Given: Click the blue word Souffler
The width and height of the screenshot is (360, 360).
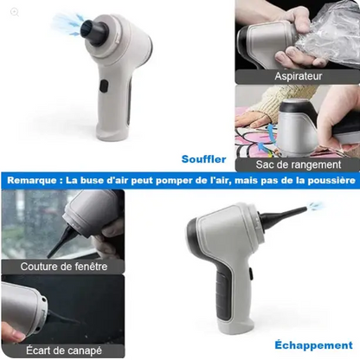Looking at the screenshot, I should pyautogui.click(x=204, y=159).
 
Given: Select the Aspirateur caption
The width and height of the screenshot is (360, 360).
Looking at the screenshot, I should pyautogui.click(x=299, y=76).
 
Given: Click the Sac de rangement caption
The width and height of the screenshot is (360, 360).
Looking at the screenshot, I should pyautogui.click(x=299, y=164).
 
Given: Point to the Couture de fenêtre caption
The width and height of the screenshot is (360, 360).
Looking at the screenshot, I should pyautogui.click(x=64, y=267).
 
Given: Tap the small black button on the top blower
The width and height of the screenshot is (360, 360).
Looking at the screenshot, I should pyautogui.click(x=104, y=87).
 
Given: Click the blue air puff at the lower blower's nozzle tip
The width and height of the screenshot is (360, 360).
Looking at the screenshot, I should pyautogui.click(x=315, y=206).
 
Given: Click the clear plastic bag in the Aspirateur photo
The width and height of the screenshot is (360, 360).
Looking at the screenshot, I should pyautogui.click(x=325, y=35).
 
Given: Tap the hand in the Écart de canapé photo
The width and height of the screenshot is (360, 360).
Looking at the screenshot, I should pyautogui.click(x=12, y=331).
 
